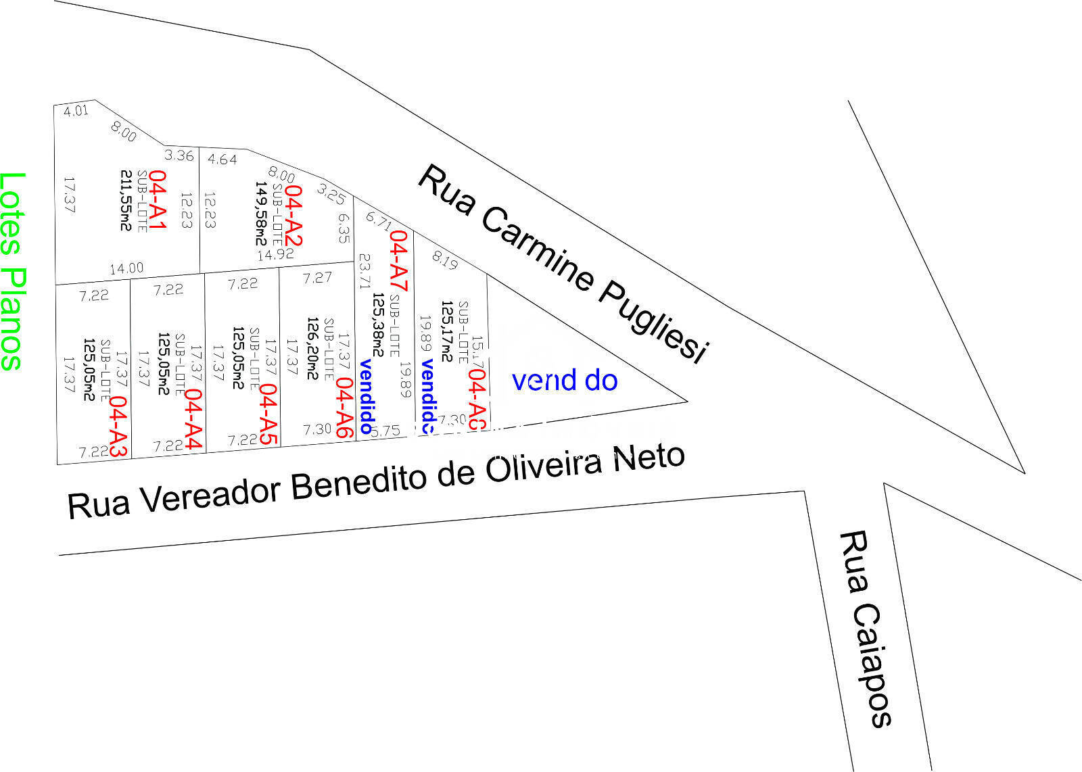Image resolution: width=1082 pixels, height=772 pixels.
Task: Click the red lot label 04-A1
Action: click(x=157, y=200)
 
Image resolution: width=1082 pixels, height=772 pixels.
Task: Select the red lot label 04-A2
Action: click(x=293, y=216)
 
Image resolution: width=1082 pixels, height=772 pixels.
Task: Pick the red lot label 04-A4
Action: click(x=193, y=419)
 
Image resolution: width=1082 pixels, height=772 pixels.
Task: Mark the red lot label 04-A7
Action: click(x=400, y=260)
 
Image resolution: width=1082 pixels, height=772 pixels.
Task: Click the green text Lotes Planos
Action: click(x=12, y=270)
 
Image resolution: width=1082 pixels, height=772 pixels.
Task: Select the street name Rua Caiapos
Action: click(x=865, y=628)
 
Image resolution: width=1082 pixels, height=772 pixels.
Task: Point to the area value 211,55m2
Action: click(x=125, y=199)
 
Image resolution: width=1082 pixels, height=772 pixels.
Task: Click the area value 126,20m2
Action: click(x=313, y=348)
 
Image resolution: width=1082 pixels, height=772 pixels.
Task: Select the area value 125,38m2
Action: click(x=377, y=324)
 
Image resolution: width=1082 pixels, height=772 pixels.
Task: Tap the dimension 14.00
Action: click(x=126, y=268)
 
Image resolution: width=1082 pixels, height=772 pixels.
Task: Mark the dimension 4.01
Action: click(x=76, y=110)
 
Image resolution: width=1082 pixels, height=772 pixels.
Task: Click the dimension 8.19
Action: click(x=445, y=260)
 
